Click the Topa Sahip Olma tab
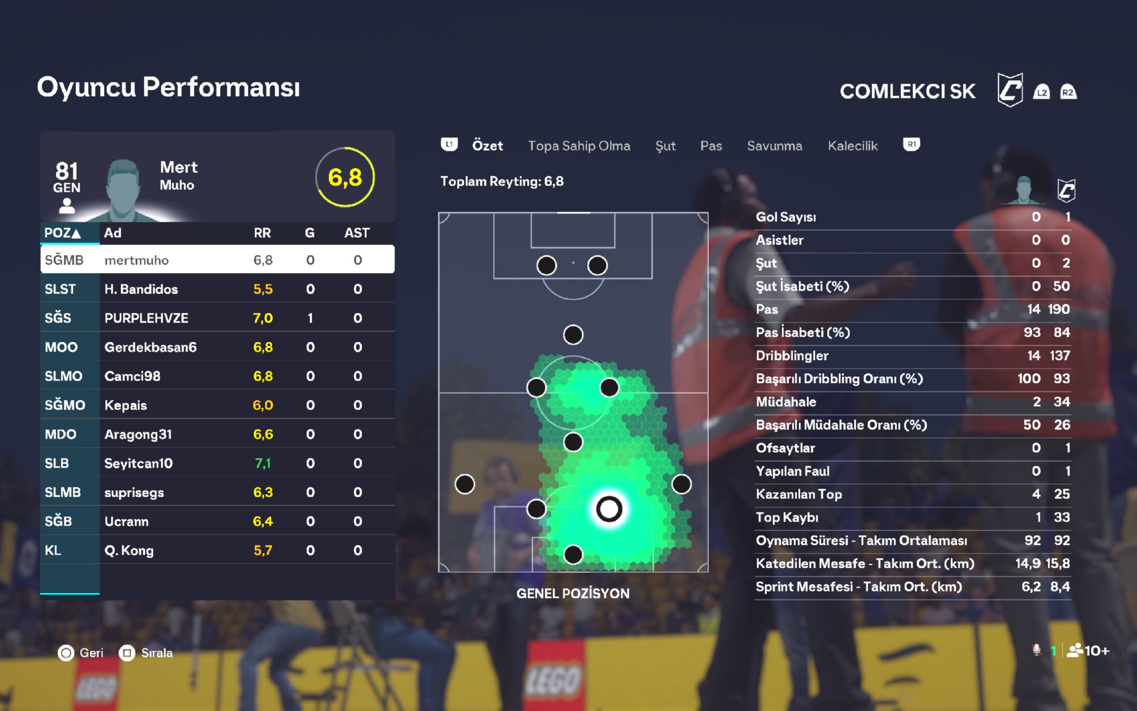pos(579,146)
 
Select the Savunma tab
pos(774,146)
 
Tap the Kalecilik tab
pos(852,146)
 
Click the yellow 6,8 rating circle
pos(345,177)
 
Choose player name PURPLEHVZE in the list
pos(146,318)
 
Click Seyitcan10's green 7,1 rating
pos(263,464)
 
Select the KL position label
pos(53,550)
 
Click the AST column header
pos(356,233)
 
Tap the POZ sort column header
pos(63,233)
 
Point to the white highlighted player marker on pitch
pos(609,509)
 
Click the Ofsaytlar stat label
pos(785,448)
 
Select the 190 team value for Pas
pos(1059,309)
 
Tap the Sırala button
pos(146,652)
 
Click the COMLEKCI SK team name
pos(907,91)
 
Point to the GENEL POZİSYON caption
pos(572,593)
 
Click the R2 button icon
pos(1068,92)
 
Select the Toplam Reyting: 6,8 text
pos(501,181)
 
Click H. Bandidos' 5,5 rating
pos(263,289)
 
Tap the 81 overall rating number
pos(67,171)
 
